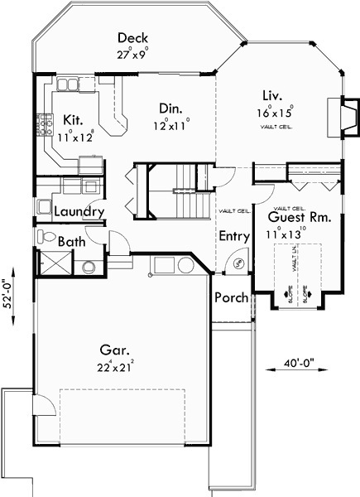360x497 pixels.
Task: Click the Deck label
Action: pos(133,38)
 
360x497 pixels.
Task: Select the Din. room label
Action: pos(171,108)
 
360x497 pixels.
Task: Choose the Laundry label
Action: pos(79,212)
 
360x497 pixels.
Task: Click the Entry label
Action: pos(234,236)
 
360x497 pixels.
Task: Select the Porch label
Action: pos(230,297)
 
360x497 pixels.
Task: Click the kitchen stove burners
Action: pos(40,126)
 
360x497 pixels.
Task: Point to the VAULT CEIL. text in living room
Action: pos(276,127)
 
